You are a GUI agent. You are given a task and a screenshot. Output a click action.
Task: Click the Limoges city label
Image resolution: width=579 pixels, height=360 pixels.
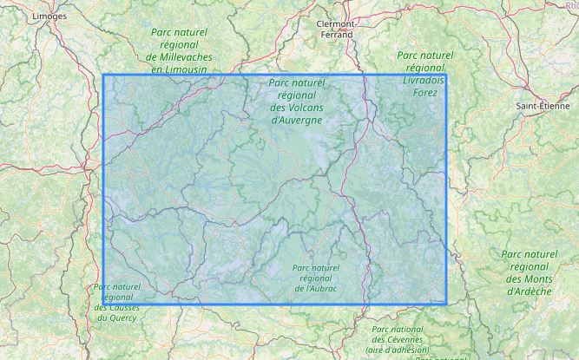49,16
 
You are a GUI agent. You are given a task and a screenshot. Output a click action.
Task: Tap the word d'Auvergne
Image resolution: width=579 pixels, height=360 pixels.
297,120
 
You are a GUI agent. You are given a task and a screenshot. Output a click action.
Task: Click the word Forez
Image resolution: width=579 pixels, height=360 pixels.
426,91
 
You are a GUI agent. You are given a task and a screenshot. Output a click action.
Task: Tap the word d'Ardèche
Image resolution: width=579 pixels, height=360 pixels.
528,291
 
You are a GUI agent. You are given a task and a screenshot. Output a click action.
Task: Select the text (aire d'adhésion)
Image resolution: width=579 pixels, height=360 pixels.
397,350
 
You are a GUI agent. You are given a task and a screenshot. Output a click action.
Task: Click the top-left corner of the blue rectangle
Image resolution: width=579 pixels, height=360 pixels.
104,75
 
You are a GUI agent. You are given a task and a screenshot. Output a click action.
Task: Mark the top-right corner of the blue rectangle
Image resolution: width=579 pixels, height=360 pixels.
447,75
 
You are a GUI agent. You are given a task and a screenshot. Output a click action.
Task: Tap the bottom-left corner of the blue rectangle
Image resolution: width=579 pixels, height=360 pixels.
104,304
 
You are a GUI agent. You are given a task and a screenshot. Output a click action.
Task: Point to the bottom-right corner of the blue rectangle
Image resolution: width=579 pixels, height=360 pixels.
447,304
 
